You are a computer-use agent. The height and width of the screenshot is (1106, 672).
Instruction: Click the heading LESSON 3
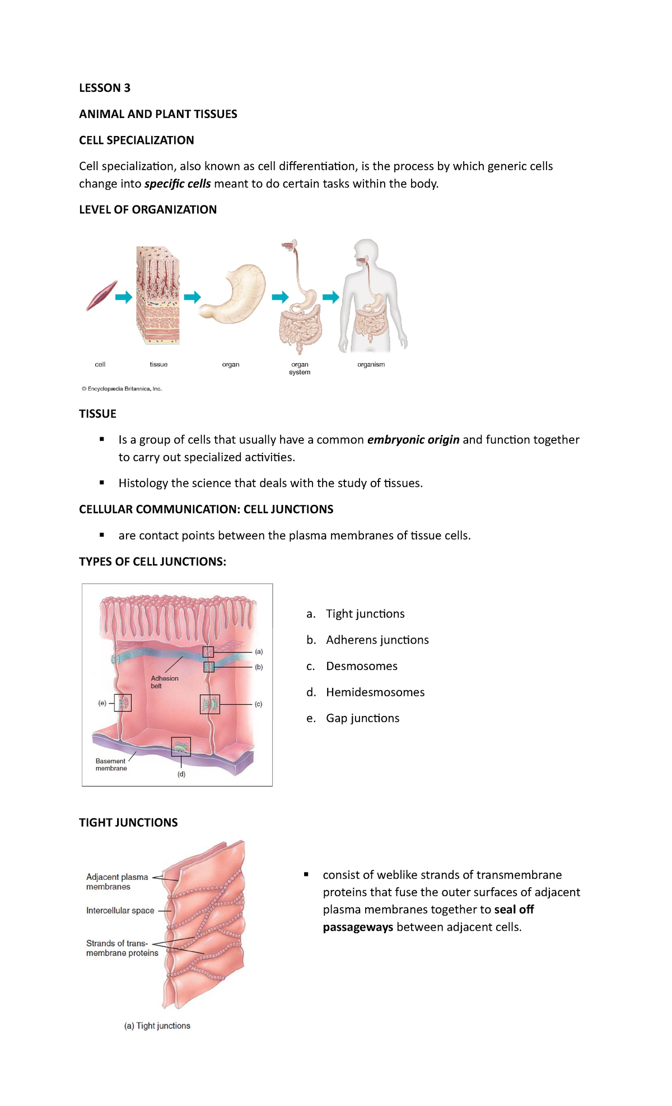105,88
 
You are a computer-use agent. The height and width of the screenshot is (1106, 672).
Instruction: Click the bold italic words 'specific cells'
178,184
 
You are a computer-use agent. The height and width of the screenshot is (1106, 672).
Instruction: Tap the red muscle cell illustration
101,296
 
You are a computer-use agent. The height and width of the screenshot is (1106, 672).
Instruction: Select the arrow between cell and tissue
124,297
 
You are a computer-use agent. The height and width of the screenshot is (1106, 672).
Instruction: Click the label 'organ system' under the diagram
300,368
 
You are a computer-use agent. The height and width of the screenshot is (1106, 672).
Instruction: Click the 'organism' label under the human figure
371,364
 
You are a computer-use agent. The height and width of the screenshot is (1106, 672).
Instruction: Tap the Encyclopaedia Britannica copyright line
122,388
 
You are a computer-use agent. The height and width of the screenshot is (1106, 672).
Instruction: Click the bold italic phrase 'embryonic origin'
413,440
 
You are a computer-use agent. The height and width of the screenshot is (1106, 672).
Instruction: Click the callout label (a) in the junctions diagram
259,652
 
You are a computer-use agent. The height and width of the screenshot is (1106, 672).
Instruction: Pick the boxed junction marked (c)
210,704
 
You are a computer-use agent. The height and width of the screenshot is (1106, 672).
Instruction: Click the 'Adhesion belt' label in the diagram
164,682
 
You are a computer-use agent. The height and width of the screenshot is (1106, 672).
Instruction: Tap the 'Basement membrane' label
111,765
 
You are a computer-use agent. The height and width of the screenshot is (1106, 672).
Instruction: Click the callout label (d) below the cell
181,774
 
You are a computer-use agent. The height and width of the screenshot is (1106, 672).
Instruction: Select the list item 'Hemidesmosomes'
375,692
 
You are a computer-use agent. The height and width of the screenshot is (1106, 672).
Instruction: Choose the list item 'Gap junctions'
362,718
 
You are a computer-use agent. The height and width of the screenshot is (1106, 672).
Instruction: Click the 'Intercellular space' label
120,911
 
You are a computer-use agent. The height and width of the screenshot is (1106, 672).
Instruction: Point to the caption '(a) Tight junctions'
157,1025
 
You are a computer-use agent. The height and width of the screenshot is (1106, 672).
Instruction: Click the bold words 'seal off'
514,910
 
